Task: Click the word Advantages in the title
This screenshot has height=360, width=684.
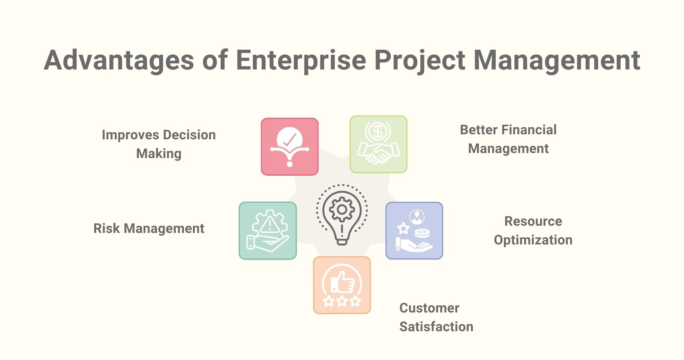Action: (118, 60)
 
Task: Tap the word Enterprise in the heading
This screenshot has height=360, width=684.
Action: (301, 60)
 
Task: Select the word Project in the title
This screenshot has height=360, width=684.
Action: (419, 60)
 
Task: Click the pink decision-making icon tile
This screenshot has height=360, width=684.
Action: (289, 147)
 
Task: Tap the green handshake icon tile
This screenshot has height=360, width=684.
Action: (378, 144)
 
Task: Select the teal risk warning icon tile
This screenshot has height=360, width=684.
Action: (267, 230)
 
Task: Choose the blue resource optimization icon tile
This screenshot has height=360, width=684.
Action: (414, 230)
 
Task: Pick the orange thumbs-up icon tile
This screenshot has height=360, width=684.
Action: (342, 285)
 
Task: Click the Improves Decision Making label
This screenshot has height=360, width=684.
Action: (159, 144)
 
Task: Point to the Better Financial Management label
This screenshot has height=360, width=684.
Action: (508, 139)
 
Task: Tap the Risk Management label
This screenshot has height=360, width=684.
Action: (149, 228)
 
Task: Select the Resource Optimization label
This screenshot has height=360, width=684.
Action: (533, 230)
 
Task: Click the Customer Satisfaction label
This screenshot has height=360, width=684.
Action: (436, 317)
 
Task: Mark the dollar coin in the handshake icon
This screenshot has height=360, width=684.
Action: (378, 131)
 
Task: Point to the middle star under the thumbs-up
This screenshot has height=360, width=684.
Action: (342, 301)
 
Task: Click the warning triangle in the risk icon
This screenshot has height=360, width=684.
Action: (269, 225)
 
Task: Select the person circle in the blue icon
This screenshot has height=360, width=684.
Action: (417, 217)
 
